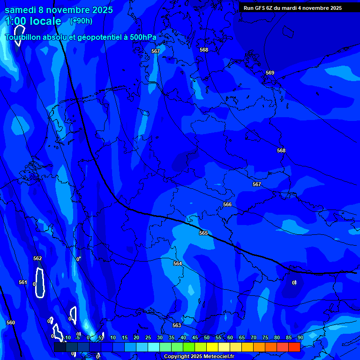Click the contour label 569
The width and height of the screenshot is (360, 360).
270,73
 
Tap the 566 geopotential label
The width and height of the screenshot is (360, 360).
227,204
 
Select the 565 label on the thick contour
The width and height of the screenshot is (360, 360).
203,233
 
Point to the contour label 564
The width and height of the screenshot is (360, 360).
178,263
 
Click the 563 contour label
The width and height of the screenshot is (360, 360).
177,325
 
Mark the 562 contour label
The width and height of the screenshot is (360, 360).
37,258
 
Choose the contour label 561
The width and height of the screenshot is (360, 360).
23,282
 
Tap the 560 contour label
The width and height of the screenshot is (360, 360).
11,322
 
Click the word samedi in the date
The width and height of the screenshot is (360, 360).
21,10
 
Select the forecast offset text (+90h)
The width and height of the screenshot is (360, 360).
81,21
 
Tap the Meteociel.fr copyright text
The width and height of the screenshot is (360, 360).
199,356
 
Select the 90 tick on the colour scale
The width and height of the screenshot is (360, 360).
300,337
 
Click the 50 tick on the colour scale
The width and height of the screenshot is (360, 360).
206,337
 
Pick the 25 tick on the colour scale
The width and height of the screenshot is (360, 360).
148,337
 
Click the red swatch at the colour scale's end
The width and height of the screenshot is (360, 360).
294,347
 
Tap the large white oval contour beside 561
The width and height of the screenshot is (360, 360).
40,283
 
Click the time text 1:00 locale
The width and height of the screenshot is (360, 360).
33,22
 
